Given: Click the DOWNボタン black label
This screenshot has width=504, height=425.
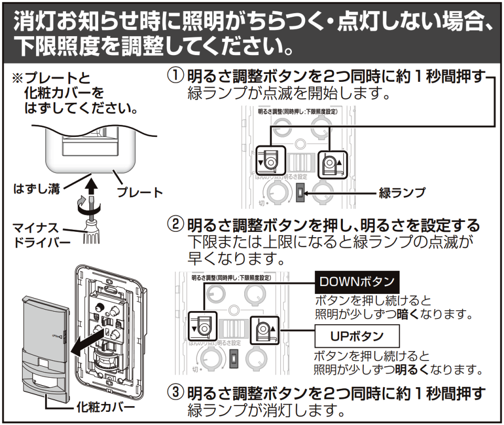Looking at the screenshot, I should pos(357,282).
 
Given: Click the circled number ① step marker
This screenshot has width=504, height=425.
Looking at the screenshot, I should pos(175,77).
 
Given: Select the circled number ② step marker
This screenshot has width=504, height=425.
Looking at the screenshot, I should pos(175,226).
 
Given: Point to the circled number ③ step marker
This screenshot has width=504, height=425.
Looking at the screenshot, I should pos(175,392).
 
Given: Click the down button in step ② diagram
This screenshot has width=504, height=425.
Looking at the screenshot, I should pos(202,326).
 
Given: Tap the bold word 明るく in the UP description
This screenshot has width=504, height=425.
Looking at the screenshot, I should pos(409,368).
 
